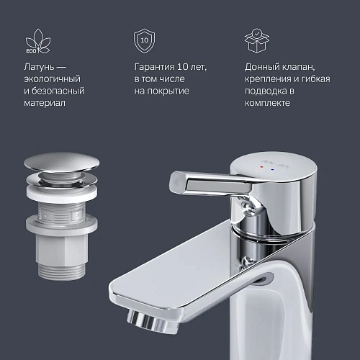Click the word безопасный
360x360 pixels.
click(x=58, y=91)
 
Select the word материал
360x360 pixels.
click(x=45, y=104)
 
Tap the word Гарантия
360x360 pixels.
click(x=156, y=67)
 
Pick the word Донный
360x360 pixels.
click(x=262, y=67)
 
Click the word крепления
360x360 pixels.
click(x=271, y=79)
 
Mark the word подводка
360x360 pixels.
click(x=266, y=91)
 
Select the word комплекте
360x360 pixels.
click(x=268, y=104)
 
